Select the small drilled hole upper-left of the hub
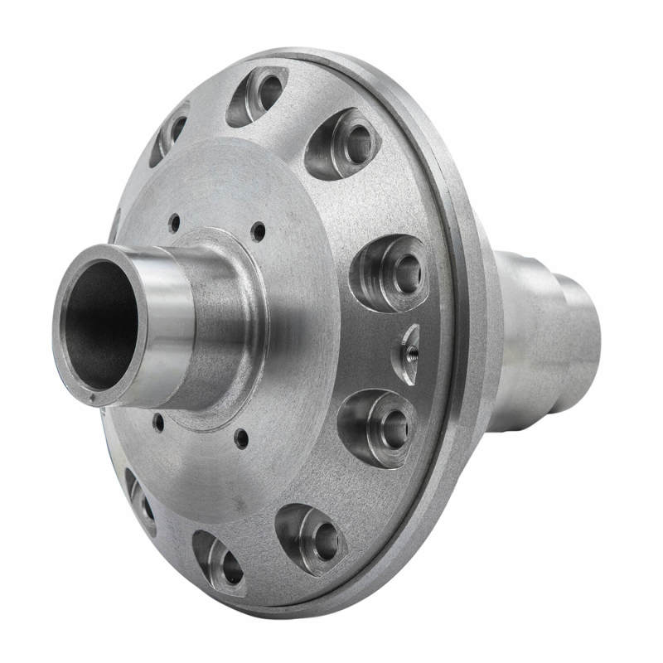[174, 221]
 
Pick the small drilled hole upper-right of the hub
[259, 231]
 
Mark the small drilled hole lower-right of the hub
[241, 437]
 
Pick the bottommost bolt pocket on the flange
[220, 564]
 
